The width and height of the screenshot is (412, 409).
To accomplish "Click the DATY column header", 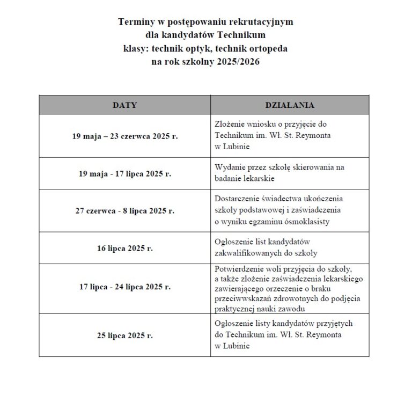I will pos(124,105).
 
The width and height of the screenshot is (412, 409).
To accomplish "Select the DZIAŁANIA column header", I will pos(290,105).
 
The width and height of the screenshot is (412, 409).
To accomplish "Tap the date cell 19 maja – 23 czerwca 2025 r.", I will pos(124,136).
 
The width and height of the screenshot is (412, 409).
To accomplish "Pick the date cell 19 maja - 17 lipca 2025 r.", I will pos(124,174).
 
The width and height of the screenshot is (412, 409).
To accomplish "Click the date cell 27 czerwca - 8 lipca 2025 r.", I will pos(124,211).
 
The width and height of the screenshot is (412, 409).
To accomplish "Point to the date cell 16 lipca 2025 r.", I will pos(124,249).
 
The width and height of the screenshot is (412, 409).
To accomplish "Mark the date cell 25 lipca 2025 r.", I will pos(124,335).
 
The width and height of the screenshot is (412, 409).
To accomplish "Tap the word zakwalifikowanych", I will pos(249,253).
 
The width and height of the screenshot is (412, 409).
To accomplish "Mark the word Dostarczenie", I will pos(236,198).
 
